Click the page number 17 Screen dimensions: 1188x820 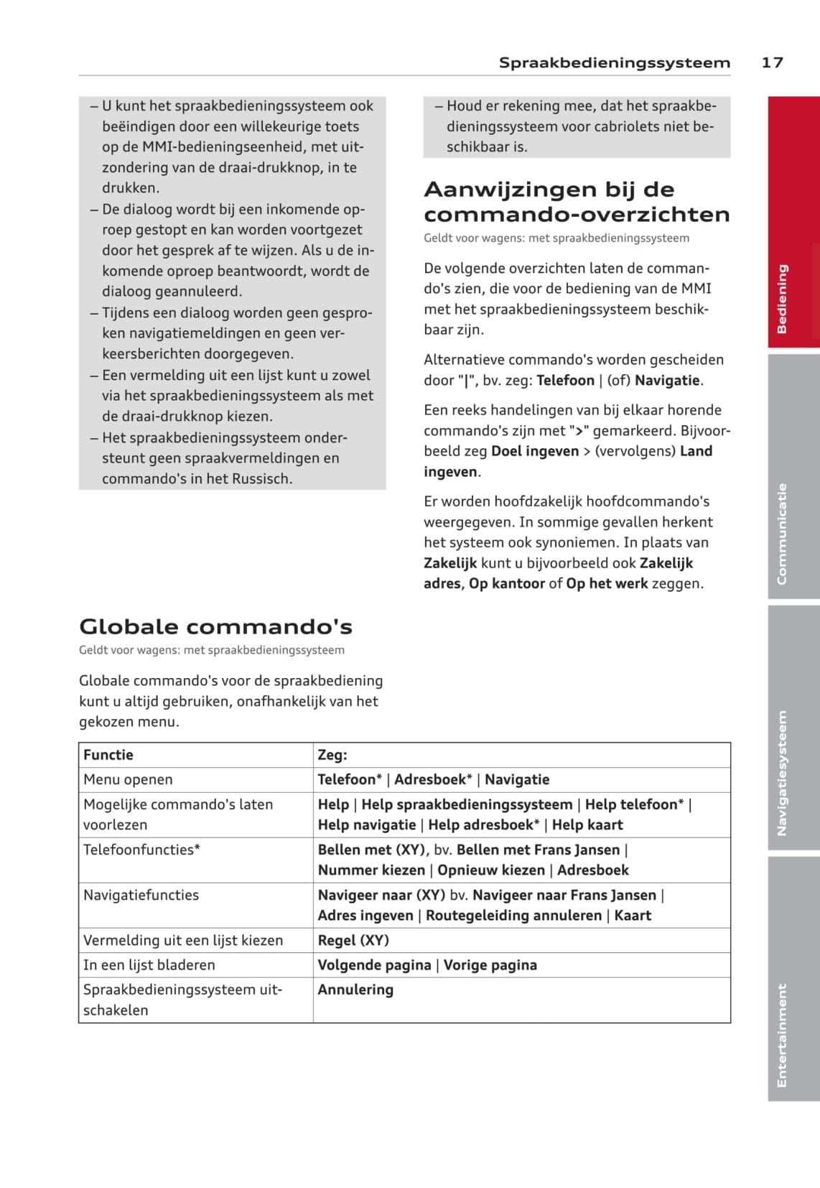click(x=772, y=62)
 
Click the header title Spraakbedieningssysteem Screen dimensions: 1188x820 click(x=614, y=62)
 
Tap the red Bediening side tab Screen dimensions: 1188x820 click(x=793, y=222)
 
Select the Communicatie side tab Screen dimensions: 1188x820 click(x=793, y=477)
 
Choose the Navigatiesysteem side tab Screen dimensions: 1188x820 click(x=793, y=730)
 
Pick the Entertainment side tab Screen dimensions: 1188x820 click(x=793, y=978)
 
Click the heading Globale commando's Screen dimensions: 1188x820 click(x=215, y=626)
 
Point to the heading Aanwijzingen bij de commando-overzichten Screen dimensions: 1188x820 click(x=577, y=202)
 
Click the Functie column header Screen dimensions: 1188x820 click(x=108, y=755)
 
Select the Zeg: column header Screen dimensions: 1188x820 click(x=332, y=755)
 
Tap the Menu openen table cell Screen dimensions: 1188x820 click(x=128, y=779)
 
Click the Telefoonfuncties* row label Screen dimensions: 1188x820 click(x=141, y=850)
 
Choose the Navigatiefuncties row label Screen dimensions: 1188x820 click(x=141, y=895)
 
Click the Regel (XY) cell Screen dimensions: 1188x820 click(x=353, y=940)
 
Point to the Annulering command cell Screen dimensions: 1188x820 click(x=355, y=990)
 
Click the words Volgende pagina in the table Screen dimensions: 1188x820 click(x=374, y=965)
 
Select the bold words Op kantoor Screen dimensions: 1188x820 click(x=507, y=583)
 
